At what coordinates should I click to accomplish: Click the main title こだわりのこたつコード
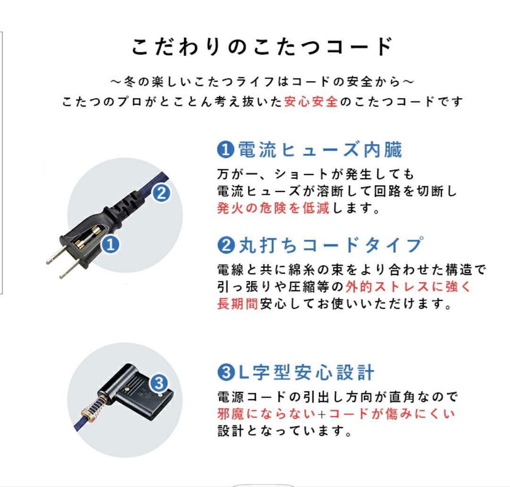262,47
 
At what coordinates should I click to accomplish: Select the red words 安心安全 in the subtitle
311,101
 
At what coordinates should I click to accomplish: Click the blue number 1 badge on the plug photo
110,244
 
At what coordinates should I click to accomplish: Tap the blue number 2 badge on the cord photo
161,193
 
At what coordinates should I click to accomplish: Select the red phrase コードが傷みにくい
391,414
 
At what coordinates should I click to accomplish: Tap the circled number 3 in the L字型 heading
223,373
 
